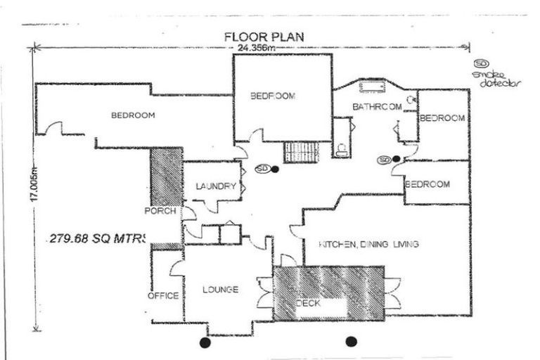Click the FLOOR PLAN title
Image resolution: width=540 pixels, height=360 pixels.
click(x=264, y=36)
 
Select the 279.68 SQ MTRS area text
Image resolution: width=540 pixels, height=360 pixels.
click(x=97, y=238)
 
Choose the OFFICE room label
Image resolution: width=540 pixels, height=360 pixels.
click(x=162, y=296)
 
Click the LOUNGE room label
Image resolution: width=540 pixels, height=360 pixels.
click(x=220, y=290)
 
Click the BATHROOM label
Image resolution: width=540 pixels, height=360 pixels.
click(x=377, y=107)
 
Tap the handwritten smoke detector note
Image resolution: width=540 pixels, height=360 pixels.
click(x=495, y=79)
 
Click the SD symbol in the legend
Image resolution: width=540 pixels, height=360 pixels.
click(x=482, y=64)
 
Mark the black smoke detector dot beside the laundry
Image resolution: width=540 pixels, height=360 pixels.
click(x=275, y=169)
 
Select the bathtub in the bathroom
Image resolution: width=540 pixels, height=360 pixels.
click(x=370, y=87)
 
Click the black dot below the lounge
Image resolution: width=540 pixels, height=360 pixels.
click(x=205, y=342)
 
